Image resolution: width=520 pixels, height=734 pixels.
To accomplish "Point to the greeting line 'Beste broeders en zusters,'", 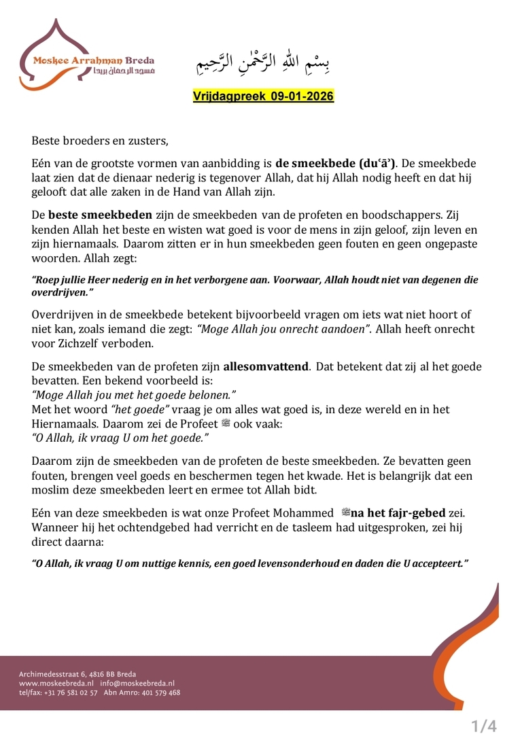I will tap(99, 141).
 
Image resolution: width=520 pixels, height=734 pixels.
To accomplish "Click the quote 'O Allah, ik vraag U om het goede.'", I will tap(120, 439).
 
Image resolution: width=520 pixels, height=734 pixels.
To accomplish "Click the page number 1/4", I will tap(485, 726).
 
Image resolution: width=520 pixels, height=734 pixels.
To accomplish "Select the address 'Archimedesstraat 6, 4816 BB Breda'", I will tap(77, 674).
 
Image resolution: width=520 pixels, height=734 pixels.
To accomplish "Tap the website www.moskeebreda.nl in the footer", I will tap(56, 683).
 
